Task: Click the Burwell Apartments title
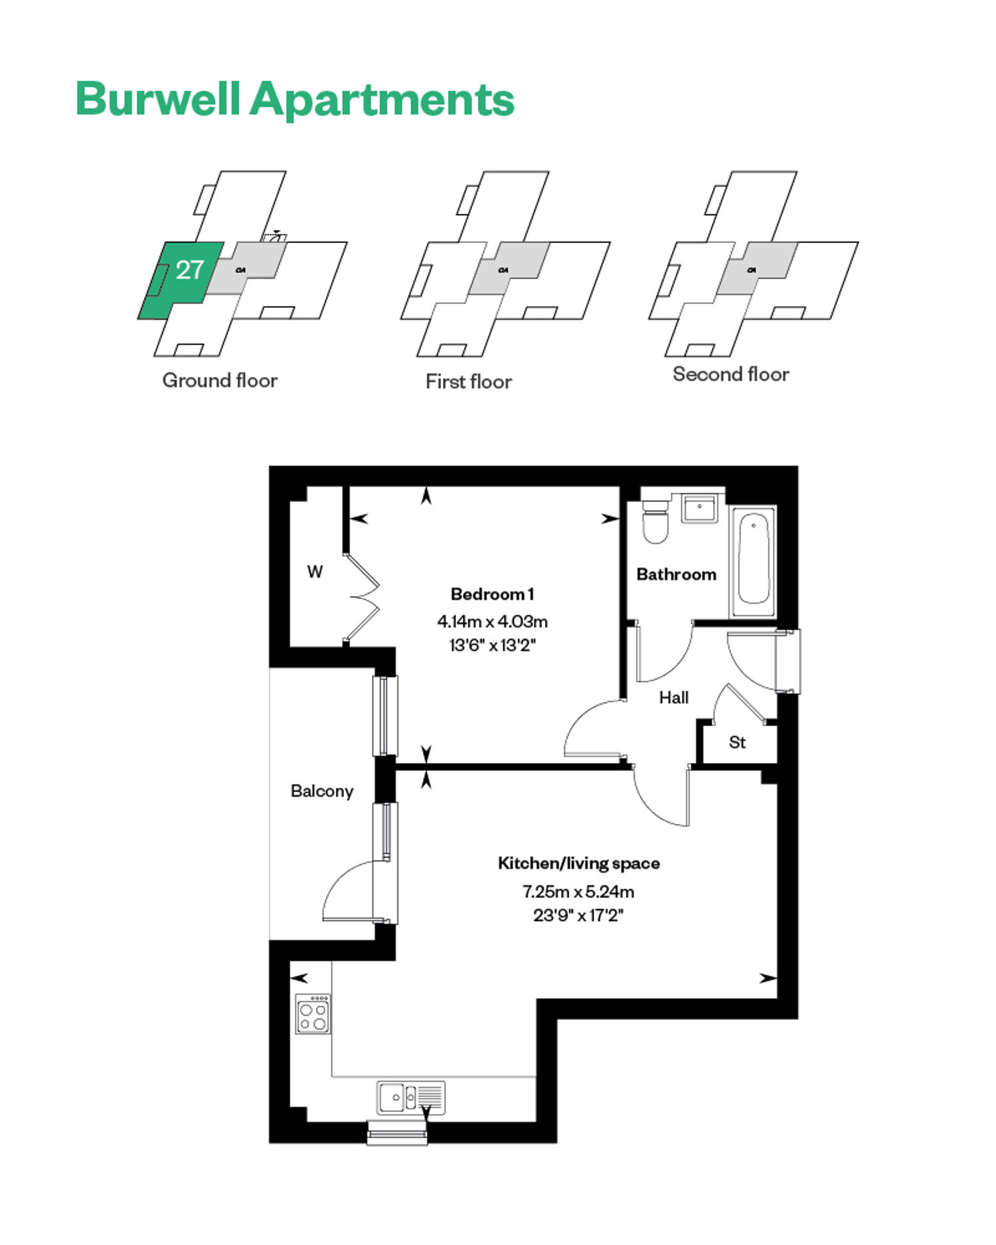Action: (295, 99)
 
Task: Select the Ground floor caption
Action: (220, 380)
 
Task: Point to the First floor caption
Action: (469, 382)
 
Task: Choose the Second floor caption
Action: (731, 374)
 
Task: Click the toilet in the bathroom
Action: (655, 521)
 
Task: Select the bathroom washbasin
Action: (699, 509)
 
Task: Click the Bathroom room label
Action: (677, 574)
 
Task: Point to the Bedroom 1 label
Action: (492, 594)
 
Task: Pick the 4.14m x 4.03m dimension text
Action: (492, 622)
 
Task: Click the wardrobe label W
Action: (315, 572)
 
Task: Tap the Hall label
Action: (674, 698)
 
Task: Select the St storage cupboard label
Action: (737, 742)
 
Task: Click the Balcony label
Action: (322, 791)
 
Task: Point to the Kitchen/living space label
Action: (579, 863)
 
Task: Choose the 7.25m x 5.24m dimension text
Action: (578, 891)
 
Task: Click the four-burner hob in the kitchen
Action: (313, 1013)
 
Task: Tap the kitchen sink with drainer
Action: (411, 1098)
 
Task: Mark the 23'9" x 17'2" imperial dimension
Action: (578, 915)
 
